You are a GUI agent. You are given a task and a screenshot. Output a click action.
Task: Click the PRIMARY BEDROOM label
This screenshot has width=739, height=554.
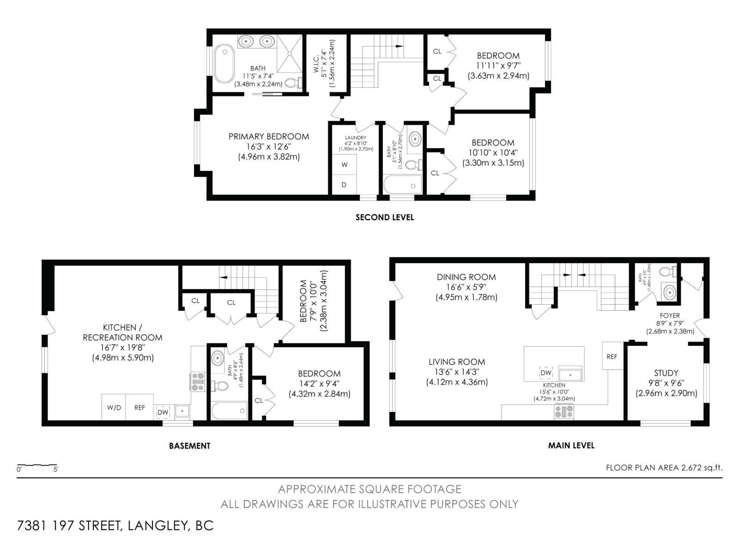tap(269, 137)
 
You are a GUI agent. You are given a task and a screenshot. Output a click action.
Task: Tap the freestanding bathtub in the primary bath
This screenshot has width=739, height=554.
tap(224, 63)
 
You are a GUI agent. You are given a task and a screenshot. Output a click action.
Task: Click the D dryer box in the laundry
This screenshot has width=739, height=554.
tap(344, 185)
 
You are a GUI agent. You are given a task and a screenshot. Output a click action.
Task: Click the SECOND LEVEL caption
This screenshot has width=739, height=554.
tap(384, 217)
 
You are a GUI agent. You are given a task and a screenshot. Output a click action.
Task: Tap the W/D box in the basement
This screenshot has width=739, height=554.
tap(114, 408)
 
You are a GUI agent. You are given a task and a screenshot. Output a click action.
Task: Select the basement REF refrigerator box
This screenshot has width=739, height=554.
tap(139, 408)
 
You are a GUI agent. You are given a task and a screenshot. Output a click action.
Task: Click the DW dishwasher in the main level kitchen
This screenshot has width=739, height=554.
tap(545, 373)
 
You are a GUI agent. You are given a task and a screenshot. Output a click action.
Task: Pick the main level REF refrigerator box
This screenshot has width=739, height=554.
tap(612, 356)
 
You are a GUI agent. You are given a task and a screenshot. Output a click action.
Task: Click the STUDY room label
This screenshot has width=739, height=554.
tap(666, 373)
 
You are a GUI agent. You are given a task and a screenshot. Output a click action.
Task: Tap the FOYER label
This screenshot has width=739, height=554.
tap(670, 315)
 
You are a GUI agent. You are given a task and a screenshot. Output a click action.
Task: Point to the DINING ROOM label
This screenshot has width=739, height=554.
tap(466, 277)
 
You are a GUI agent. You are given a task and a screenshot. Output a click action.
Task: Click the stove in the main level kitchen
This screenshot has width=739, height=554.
tap(564, 411)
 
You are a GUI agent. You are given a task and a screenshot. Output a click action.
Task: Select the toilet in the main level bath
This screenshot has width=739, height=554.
tap(668, 271)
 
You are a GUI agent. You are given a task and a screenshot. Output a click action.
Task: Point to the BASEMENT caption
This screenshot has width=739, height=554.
tap(189, 446)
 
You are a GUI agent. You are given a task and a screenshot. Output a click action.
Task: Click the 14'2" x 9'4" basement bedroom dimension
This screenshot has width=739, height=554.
tap(319, 384)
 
